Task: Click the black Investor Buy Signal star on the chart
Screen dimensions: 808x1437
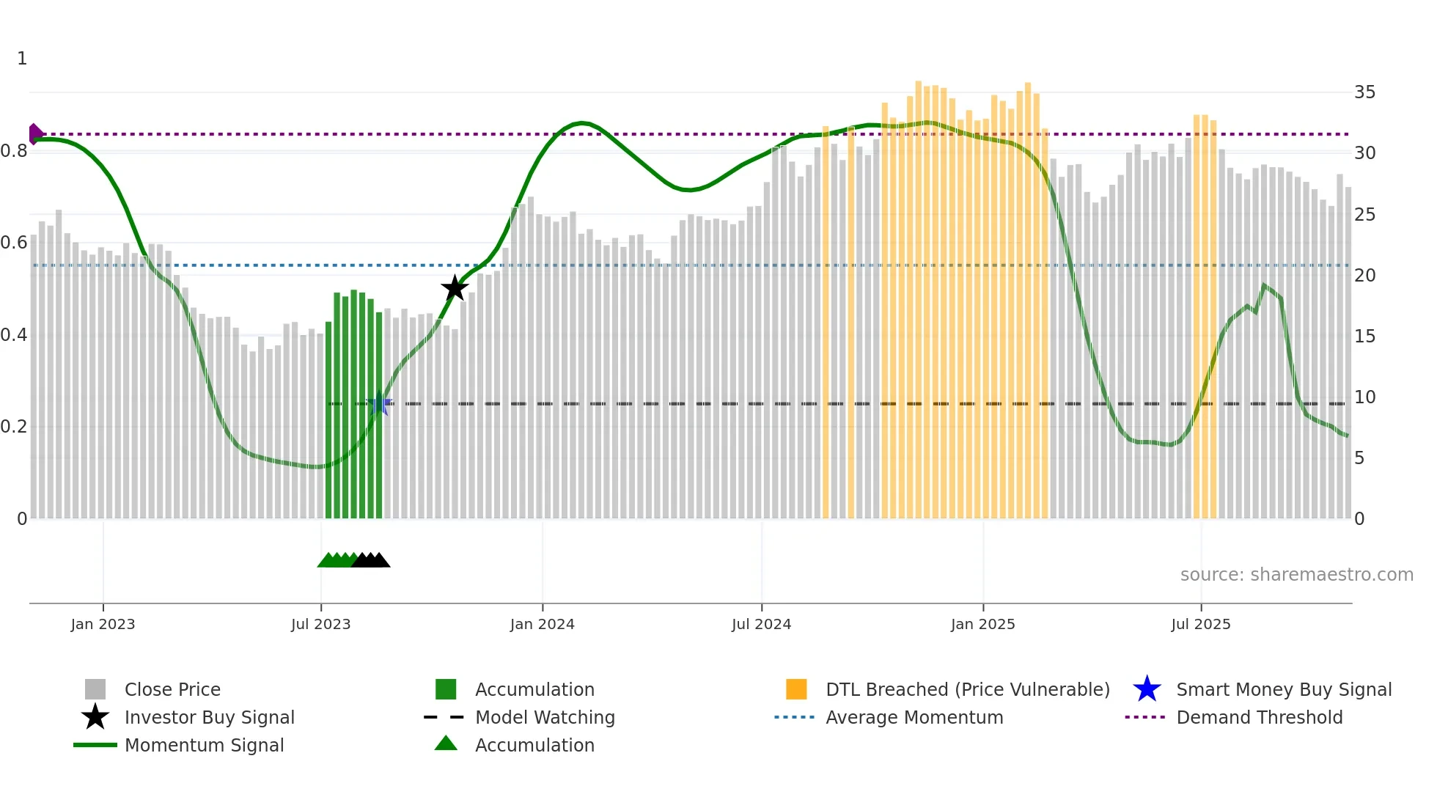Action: [455, 288]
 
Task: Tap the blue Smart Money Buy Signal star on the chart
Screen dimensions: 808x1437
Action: [379, 403]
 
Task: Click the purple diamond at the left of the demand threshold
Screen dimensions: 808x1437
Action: [34, 134]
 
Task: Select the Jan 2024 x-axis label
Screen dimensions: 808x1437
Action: [542, 625]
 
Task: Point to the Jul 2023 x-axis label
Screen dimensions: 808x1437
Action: [320, 625]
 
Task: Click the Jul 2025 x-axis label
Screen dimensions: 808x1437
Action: [1200, 625]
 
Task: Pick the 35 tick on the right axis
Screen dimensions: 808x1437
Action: [1364, 92]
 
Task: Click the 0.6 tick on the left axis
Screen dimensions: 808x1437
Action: [14, 243]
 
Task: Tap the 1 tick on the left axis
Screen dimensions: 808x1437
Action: [22, 59]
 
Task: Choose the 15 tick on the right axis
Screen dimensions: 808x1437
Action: [1364, 337]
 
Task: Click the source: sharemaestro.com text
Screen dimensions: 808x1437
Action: [1296, 575]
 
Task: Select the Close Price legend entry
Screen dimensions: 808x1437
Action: [172, 690]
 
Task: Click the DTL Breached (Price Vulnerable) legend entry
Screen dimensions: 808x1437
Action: [967, 690]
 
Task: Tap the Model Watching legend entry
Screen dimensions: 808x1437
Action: [545, 718]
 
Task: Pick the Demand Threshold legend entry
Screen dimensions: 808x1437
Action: [1259, 718]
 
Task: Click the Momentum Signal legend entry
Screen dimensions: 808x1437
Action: [204, 746]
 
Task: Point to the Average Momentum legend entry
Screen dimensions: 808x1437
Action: [914, 718]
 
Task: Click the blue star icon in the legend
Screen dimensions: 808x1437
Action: [1147, 689]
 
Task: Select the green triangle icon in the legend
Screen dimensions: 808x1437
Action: [446, 743]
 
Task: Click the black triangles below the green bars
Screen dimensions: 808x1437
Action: [371, 560]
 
